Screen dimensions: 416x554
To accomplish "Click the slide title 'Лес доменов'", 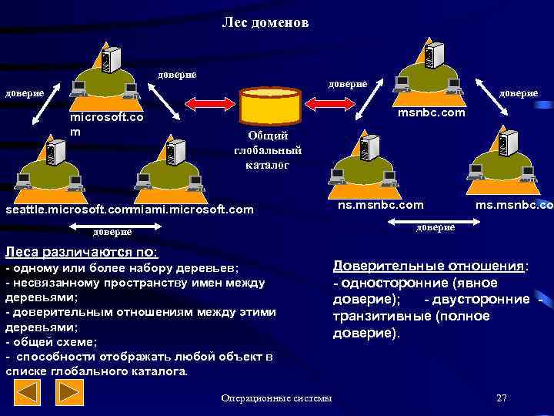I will coord(265,23).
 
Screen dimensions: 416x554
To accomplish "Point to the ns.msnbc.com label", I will coord(380,205).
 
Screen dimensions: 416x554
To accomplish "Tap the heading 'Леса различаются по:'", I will coord(81,252).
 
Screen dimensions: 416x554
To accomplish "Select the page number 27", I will coord(502,398).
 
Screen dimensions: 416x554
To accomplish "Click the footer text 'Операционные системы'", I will coord(276,398).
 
